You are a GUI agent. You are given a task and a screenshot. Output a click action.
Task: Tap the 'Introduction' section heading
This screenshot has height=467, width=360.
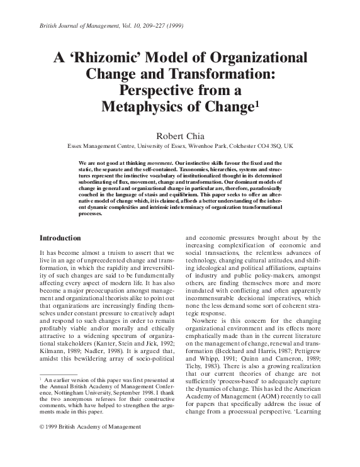coord(60,221)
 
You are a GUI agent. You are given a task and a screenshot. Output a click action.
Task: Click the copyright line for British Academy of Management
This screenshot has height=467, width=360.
coord(90,444)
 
